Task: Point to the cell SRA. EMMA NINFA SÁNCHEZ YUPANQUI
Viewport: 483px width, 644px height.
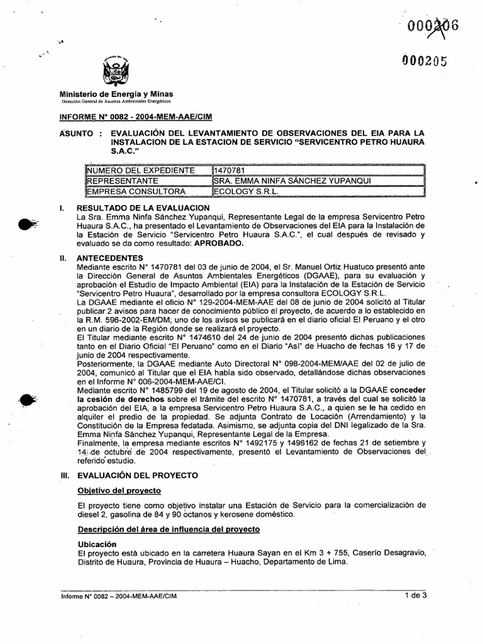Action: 285,180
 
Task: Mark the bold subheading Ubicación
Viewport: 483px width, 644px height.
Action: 97,543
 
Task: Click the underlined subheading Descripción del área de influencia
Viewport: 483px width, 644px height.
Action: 164,530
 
